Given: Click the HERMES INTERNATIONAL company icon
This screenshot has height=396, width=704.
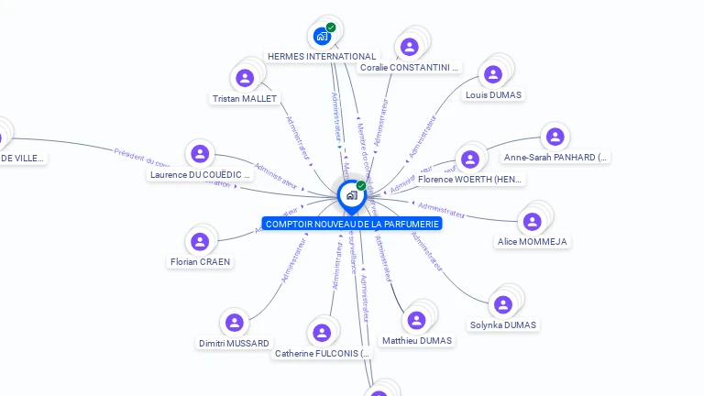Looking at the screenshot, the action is pyautogui.click(x=322, y=37).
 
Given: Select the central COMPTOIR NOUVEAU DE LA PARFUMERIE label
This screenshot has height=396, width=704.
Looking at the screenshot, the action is pyautogui.click(x=352, y=224).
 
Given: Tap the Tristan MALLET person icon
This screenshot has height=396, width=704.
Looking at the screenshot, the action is pyautogui.click(x=245, y=78).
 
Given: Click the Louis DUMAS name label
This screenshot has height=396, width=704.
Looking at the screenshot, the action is pyautogui.click(x=493, y=94).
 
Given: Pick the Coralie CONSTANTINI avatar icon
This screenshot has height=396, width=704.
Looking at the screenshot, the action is pyautogui.click(x=410, y=47).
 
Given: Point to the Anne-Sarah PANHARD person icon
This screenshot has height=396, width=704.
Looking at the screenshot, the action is pyautogui.click(x=555, y=137).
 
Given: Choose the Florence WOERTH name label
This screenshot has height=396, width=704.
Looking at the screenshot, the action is pyautogui.click(x=470, y=180).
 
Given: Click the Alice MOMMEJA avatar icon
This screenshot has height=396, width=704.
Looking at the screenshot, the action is pyautogui.click(x=532, y=222).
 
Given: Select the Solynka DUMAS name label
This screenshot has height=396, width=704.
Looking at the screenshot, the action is pyautogui.click(x=503, y=324).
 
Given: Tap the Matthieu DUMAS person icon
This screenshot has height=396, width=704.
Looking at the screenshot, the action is pyautogui.click(x=417, y=320).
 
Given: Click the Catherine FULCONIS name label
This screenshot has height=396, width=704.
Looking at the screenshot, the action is pyautogui.click(x=322, y=353).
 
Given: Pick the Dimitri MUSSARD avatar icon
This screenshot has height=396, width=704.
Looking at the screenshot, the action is pyautogui.click(x=235, y=323).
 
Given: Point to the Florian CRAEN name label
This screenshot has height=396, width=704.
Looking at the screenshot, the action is pyautogui.click(x=201, y=262).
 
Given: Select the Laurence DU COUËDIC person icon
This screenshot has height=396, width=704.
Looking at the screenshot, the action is pyautogui.click(x=200, y=154).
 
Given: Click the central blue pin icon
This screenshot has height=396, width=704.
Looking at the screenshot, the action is pyautogui.click(x=351, y=196).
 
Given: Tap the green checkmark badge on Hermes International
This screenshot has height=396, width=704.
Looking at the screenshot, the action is pyautogui.click(x=331, y=27).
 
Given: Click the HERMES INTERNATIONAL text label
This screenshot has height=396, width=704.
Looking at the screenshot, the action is pyautogui.click(x=322, y=57).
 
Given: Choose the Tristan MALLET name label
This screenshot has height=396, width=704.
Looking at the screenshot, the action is pyautogui.click(x=245, y=99).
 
